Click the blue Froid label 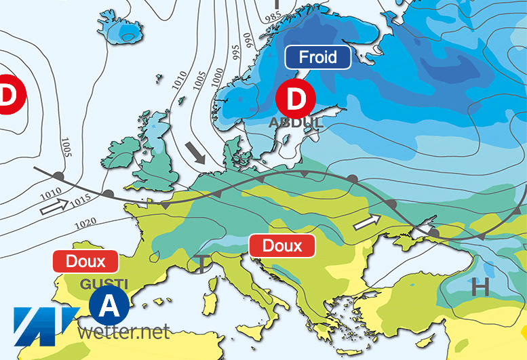pos(318,57)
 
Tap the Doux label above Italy pos(282,245)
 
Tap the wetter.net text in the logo pos(123,332)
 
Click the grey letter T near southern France pos(202,263)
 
